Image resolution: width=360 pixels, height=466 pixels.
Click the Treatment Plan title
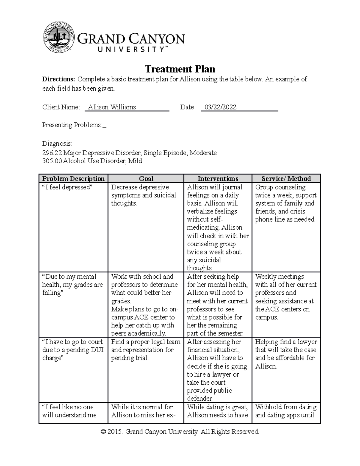coord(180,69)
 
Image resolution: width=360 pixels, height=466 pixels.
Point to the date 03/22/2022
coord(220,107)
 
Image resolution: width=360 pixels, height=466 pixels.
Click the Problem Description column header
coord(73,179)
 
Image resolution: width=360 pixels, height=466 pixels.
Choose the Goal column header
coord(146,179)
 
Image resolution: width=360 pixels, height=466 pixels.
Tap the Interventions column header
coord(218,179)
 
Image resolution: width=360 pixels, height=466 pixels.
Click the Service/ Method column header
coord(286,179)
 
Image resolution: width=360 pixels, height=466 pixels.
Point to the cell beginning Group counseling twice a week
coord(286,203)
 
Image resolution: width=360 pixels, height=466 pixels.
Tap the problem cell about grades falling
coord(72,284)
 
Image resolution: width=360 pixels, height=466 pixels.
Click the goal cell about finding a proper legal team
coord(145,350)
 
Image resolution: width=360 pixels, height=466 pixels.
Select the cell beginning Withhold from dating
coord(286,411)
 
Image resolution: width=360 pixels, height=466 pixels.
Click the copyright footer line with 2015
coord(180,431)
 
